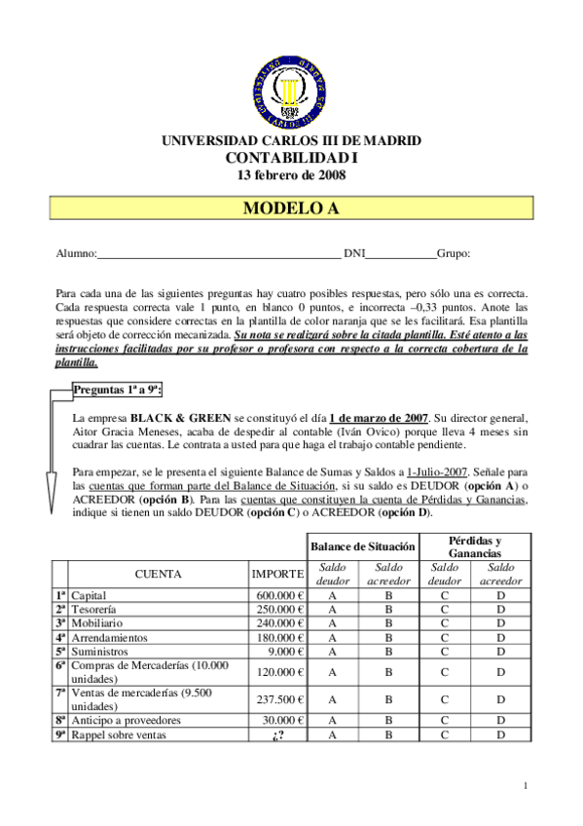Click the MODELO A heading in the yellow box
point(291,208)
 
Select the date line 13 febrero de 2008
point(291,175)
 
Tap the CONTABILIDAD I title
point(291,158)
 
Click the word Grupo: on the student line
point(454,253)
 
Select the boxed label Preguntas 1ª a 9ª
point(118,390)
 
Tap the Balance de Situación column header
point(364,545)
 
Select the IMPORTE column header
point(277,574)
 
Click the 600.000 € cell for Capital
point(280,595)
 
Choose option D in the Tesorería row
point(501,610)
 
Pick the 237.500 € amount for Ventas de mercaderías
point(280,699)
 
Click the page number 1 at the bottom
point(525,785)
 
